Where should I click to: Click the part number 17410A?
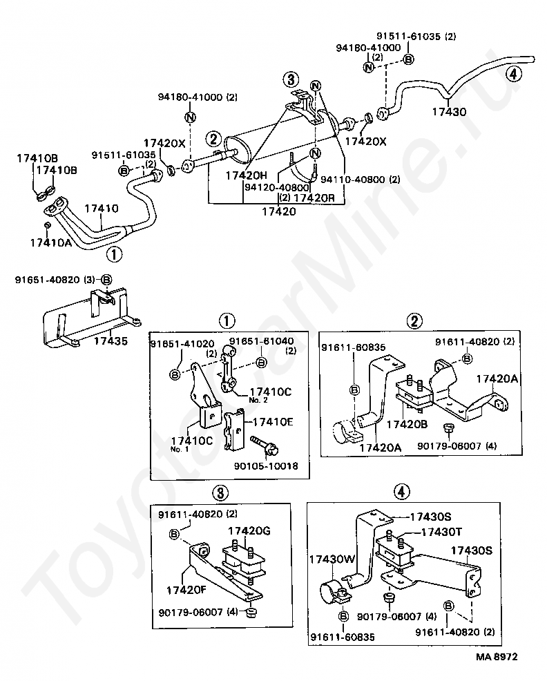tap(50, 242)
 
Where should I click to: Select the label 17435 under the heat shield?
tap(111, 341)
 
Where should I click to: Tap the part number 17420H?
tap(247, 175)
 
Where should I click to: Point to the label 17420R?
tap(314, 198)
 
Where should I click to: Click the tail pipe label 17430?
tap(449, 112)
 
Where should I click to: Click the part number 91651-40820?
tap(48, 280)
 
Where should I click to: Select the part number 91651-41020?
tap(182, 344)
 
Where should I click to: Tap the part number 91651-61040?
tap(262, 341)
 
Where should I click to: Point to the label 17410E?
tap(273, 422)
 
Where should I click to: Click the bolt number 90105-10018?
tap(266, 466)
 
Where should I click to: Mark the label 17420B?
tap(407, 424)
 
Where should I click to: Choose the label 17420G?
tap(249, 530)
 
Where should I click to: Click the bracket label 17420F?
tap(187, 591)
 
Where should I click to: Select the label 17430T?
tap(441, 532)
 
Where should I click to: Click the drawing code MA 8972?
tap(497, 657)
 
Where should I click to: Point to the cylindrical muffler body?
tap(280, 133)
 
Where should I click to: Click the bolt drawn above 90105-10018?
tap(265, 446)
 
